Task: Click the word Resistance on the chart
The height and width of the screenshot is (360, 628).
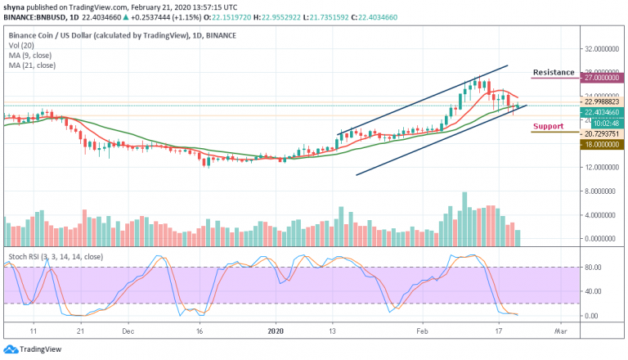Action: [x=554, y=73]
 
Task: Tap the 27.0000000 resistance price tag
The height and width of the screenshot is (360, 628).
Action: [x=603, y=79]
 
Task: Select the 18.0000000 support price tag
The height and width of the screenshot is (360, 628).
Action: [x=603, y=143]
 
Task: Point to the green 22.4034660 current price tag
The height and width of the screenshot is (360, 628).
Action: [x=603, y=113]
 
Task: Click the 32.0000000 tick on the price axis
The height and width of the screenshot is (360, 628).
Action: [x=603, y=48]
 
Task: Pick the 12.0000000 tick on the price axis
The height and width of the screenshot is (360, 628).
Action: [x=603, y=167]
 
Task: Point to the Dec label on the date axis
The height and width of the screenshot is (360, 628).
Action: [x=128, y=333]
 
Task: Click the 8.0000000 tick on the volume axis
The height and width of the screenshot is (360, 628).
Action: [x=603, y=191]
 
